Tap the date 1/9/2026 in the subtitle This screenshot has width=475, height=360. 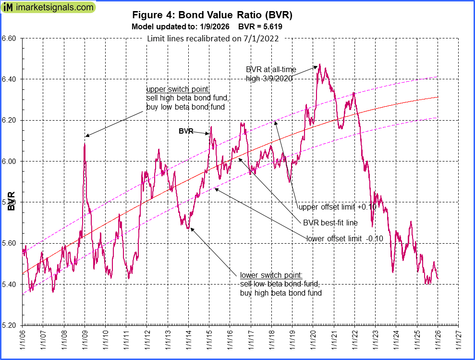click(212, 27)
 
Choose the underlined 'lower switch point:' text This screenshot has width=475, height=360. click(271, 275)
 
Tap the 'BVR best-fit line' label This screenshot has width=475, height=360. click(330, 223)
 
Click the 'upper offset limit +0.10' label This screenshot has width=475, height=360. click(337, 207)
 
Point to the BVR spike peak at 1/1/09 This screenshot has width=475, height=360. click(85, 143)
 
